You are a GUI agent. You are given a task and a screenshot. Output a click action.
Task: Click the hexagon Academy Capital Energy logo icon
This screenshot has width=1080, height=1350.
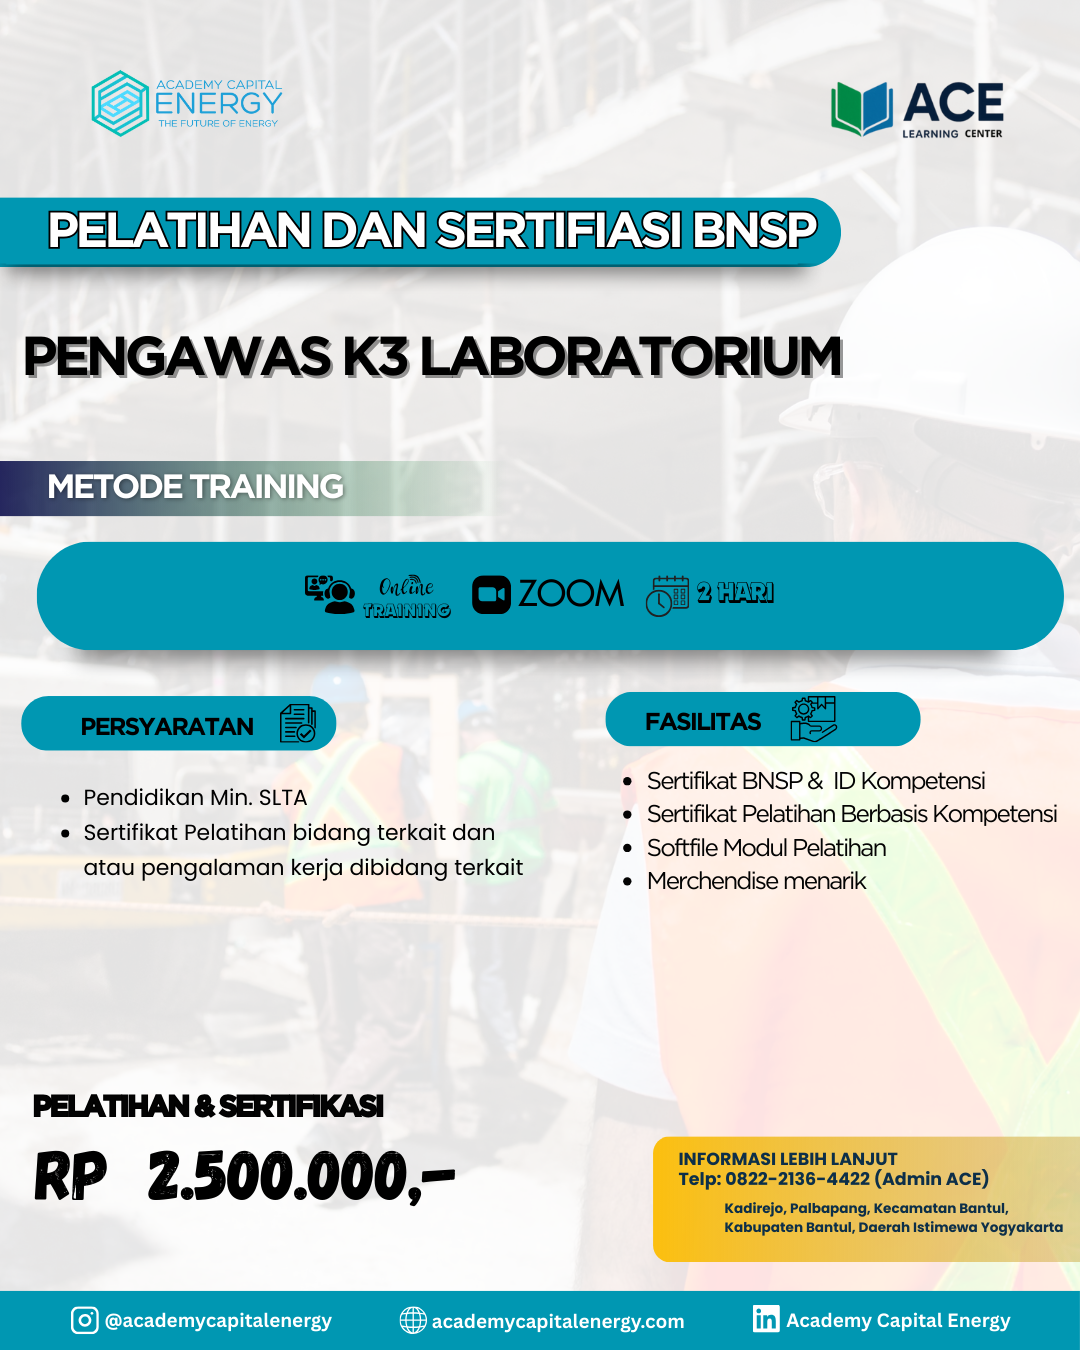pyautogui.click(x=120, y=104)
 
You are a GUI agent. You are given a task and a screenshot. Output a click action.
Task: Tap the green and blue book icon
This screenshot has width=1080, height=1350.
pyautogui.click(x=862, y=108)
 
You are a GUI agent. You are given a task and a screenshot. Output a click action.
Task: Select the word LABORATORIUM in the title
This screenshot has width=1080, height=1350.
pyautogui.click(x=630, y=356)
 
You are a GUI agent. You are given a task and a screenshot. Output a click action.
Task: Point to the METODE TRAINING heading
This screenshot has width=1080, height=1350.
pyautogui.click(x=195, y=486)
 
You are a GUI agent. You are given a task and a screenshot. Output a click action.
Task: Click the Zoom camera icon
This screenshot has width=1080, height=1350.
pyautogui.click(x=491, y=594)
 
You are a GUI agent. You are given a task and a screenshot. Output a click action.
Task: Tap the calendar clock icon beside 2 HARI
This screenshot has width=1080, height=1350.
pyautogui.click(x=667, y=596)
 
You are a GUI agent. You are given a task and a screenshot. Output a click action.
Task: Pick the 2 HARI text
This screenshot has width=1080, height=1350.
pyautogui.click(x=735, y=592)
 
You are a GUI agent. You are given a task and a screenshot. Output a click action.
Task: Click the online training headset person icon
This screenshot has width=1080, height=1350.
pyautogui.click(x=329, y=594)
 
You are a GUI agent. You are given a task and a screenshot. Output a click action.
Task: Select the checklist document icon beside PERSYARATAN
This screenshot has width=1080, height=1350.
pyautogui.click(x=297, y=723)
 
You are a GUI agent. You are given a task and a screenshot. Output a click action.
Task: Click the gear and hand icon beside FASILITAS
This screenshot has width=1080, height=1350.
pyautogui.click(x=813, y=719)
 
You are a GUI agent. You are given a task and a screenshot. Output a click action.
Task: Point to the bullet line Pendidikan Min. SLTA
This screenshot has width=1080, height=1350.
pyautogui.click(x=195, y=797)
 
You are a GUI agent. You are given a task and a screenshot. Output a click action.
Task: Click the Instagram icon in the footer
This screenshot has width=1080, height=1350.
pyautogui.click(x=85, y=1320)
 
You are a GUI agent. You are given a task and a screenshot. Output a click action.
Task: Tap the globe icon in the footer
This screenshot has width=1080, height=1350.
pyautogui.click(x=413, y=1320)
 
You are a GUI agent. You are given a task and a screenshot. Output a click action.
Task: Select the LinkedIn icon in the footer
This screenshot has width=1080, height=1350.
pyautogui.click(x=766, y=1318)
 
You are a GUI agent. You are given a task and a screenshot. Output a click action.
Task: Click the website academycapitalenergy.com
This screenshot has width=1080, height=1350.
pyautogui.click(x=558, y=1321)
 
